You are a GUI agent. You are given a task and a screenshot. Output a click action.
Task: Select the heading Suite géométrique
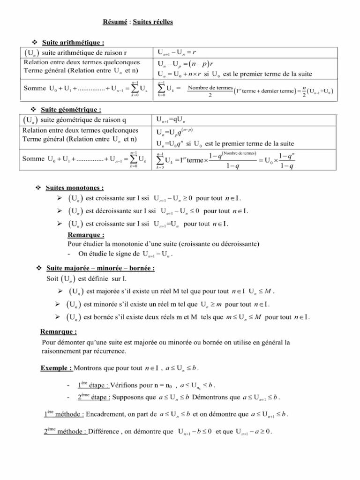(72, 109)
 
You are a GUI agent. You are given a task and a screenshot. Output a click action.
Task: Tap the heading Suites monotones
(75, 188)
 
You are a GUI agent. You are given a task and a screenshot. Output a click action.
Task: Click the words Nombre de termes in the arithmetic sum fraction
(210, 88)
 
